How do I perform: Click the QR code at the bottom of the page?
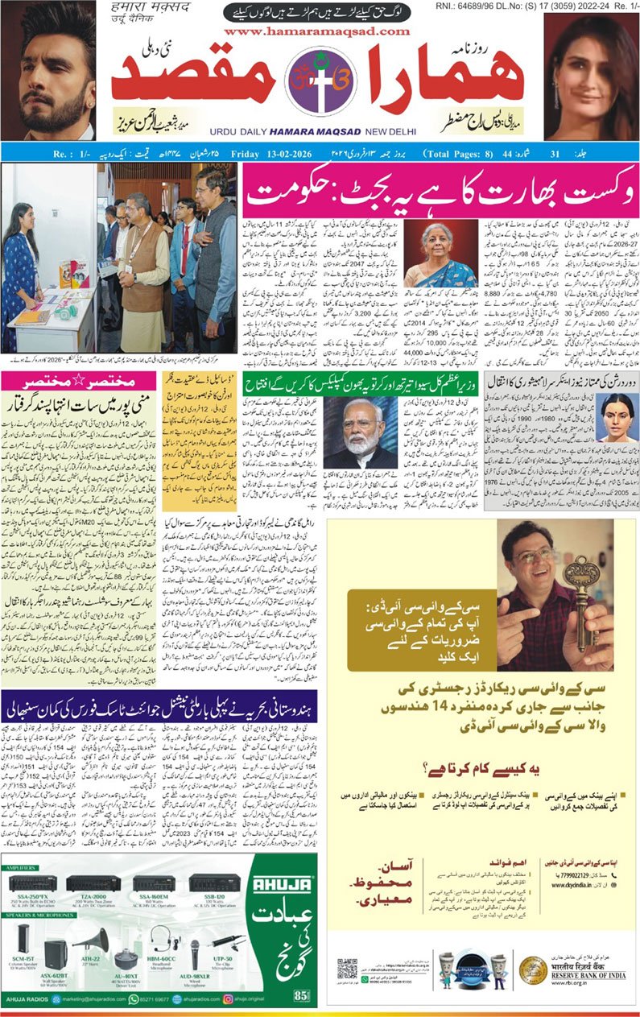[347, 969]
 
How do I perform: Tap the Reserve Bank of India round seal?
[533, 969]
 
